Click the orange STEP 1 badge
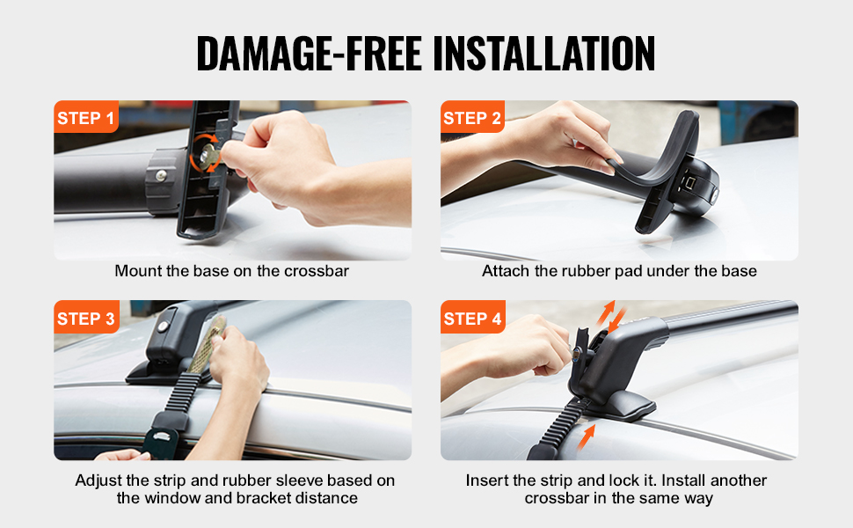86,116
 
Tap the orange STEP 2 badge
472,116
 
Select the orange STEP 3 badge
86,317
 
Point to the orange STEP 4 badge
473,317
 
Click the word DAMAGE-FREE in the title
309,54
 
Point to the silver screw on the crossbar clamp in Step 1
161,175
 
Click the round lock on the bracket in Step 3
163,326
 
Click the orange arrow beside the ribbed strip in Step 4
586,437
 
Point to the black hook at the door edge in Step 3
161,438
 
